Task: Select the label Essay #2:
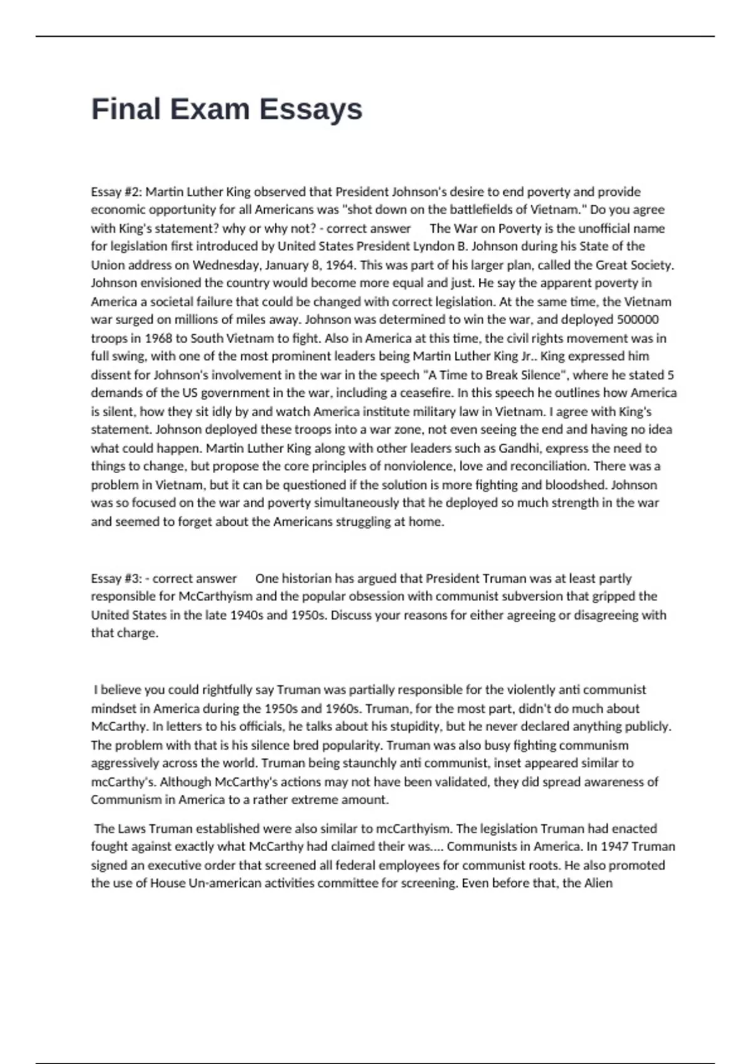tap(116, 192)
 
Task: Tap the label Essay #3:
tap(116, 578)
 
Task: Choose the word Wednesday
tap(223, 265)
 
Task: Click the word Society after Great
tap(650, 265)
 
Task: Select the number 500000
tap(638, 320)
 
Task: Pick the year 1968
tap(158, 338)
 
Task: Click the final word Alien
tap(598, 883)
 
